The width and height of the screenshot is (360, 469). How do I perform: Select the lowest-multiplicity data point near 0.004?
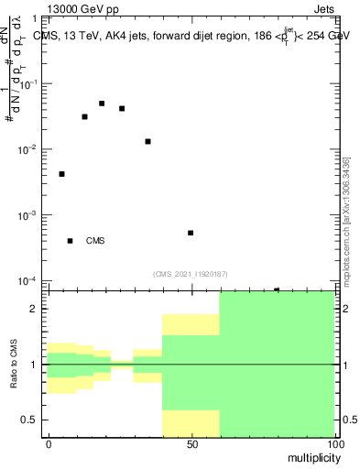click(61, 174)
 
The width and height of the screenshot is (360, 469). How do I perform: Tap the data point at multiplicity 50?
click(191, 233)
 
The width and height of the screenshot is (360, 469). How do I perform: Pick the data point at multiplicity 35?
click(147, 141)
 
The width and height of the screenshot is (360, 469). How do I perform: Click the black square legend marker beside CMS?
click(70, 241)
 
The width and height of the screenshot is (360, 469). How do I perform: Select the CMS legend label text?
click(95, 241)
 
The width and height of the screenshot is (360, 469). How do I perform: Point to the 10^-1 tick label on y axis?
click(31, 83)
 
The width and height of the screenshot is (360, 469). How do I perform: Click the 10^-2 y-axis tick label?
click(31, 149)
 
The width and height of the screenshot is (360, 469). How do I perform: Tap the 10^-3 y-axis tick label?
click(31, 215)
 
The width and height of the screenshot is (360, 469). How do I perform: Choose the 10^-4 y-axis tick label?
click(31, 280)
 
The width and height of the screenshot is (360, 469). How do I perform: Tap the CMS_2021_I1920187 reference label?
click(191, 273)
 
